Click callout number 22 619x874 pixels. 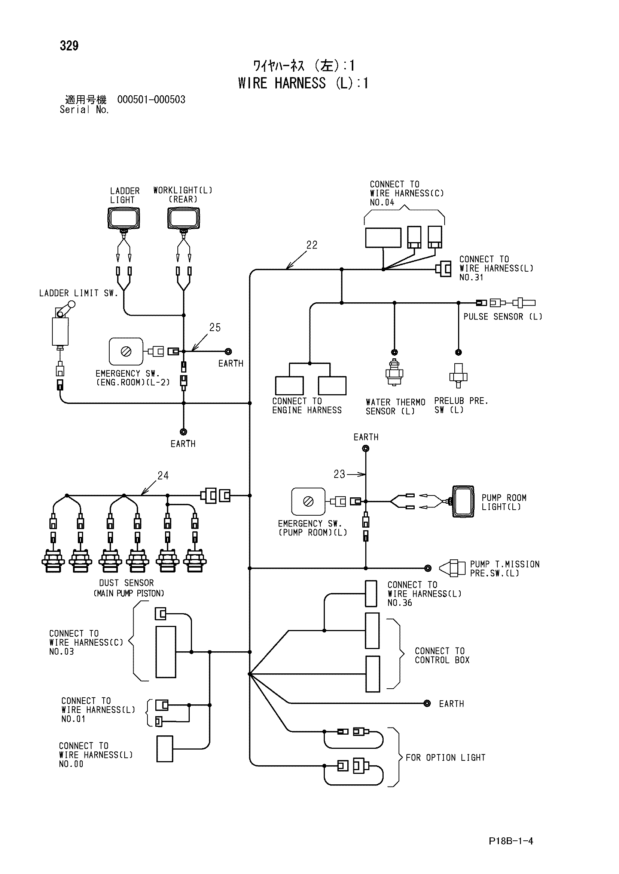(312, 245)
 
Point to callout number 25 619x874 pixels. (215, 327)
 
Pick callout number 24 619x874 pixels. (163, 475)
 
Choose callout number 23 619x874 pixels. (339, 474)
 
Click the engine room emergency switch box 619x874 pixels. (126, 351)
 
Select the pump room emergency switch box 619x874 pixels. (308, 501)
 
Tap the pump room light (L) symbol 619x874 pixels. (463, 501)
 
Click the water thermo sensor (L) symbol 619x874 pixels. (394, 372)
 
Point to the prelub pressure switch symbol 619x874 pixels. (458, 375)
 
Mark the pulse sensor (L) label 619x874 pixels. (503, 317)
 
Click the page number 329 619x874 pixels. (69, 46)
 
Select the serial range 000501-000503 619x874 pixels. (151, 100)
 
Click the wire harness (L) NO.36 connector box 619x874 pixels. (371, 593)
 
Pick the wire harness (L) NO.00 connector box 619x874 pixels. (165, 749)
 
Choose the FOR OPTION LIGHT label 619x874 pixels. (446, 758)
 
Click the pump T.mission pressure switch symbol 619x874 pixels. (452, 568)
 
